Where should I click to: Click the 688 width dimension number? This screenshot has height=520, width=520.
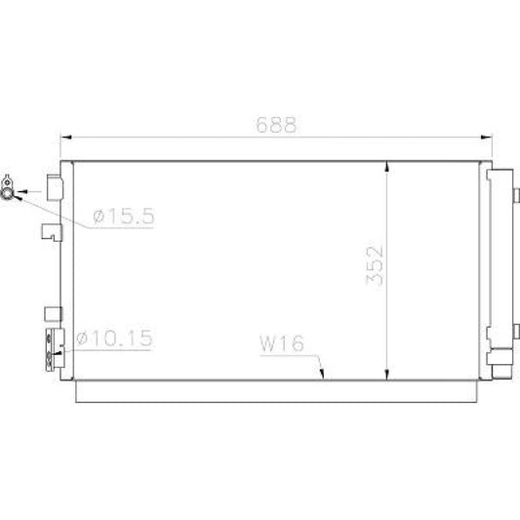(275, 125)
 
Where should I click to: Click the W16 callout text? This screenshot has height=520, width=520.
(283, 344)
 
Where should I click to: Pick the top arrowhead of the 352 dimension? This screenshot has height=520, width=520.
(389, 166)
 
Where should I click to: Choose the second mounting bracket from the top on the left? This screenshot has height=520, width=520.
(50, 231)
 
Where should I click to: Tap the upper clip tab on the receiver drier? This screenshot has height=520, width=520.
(515, 195)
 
